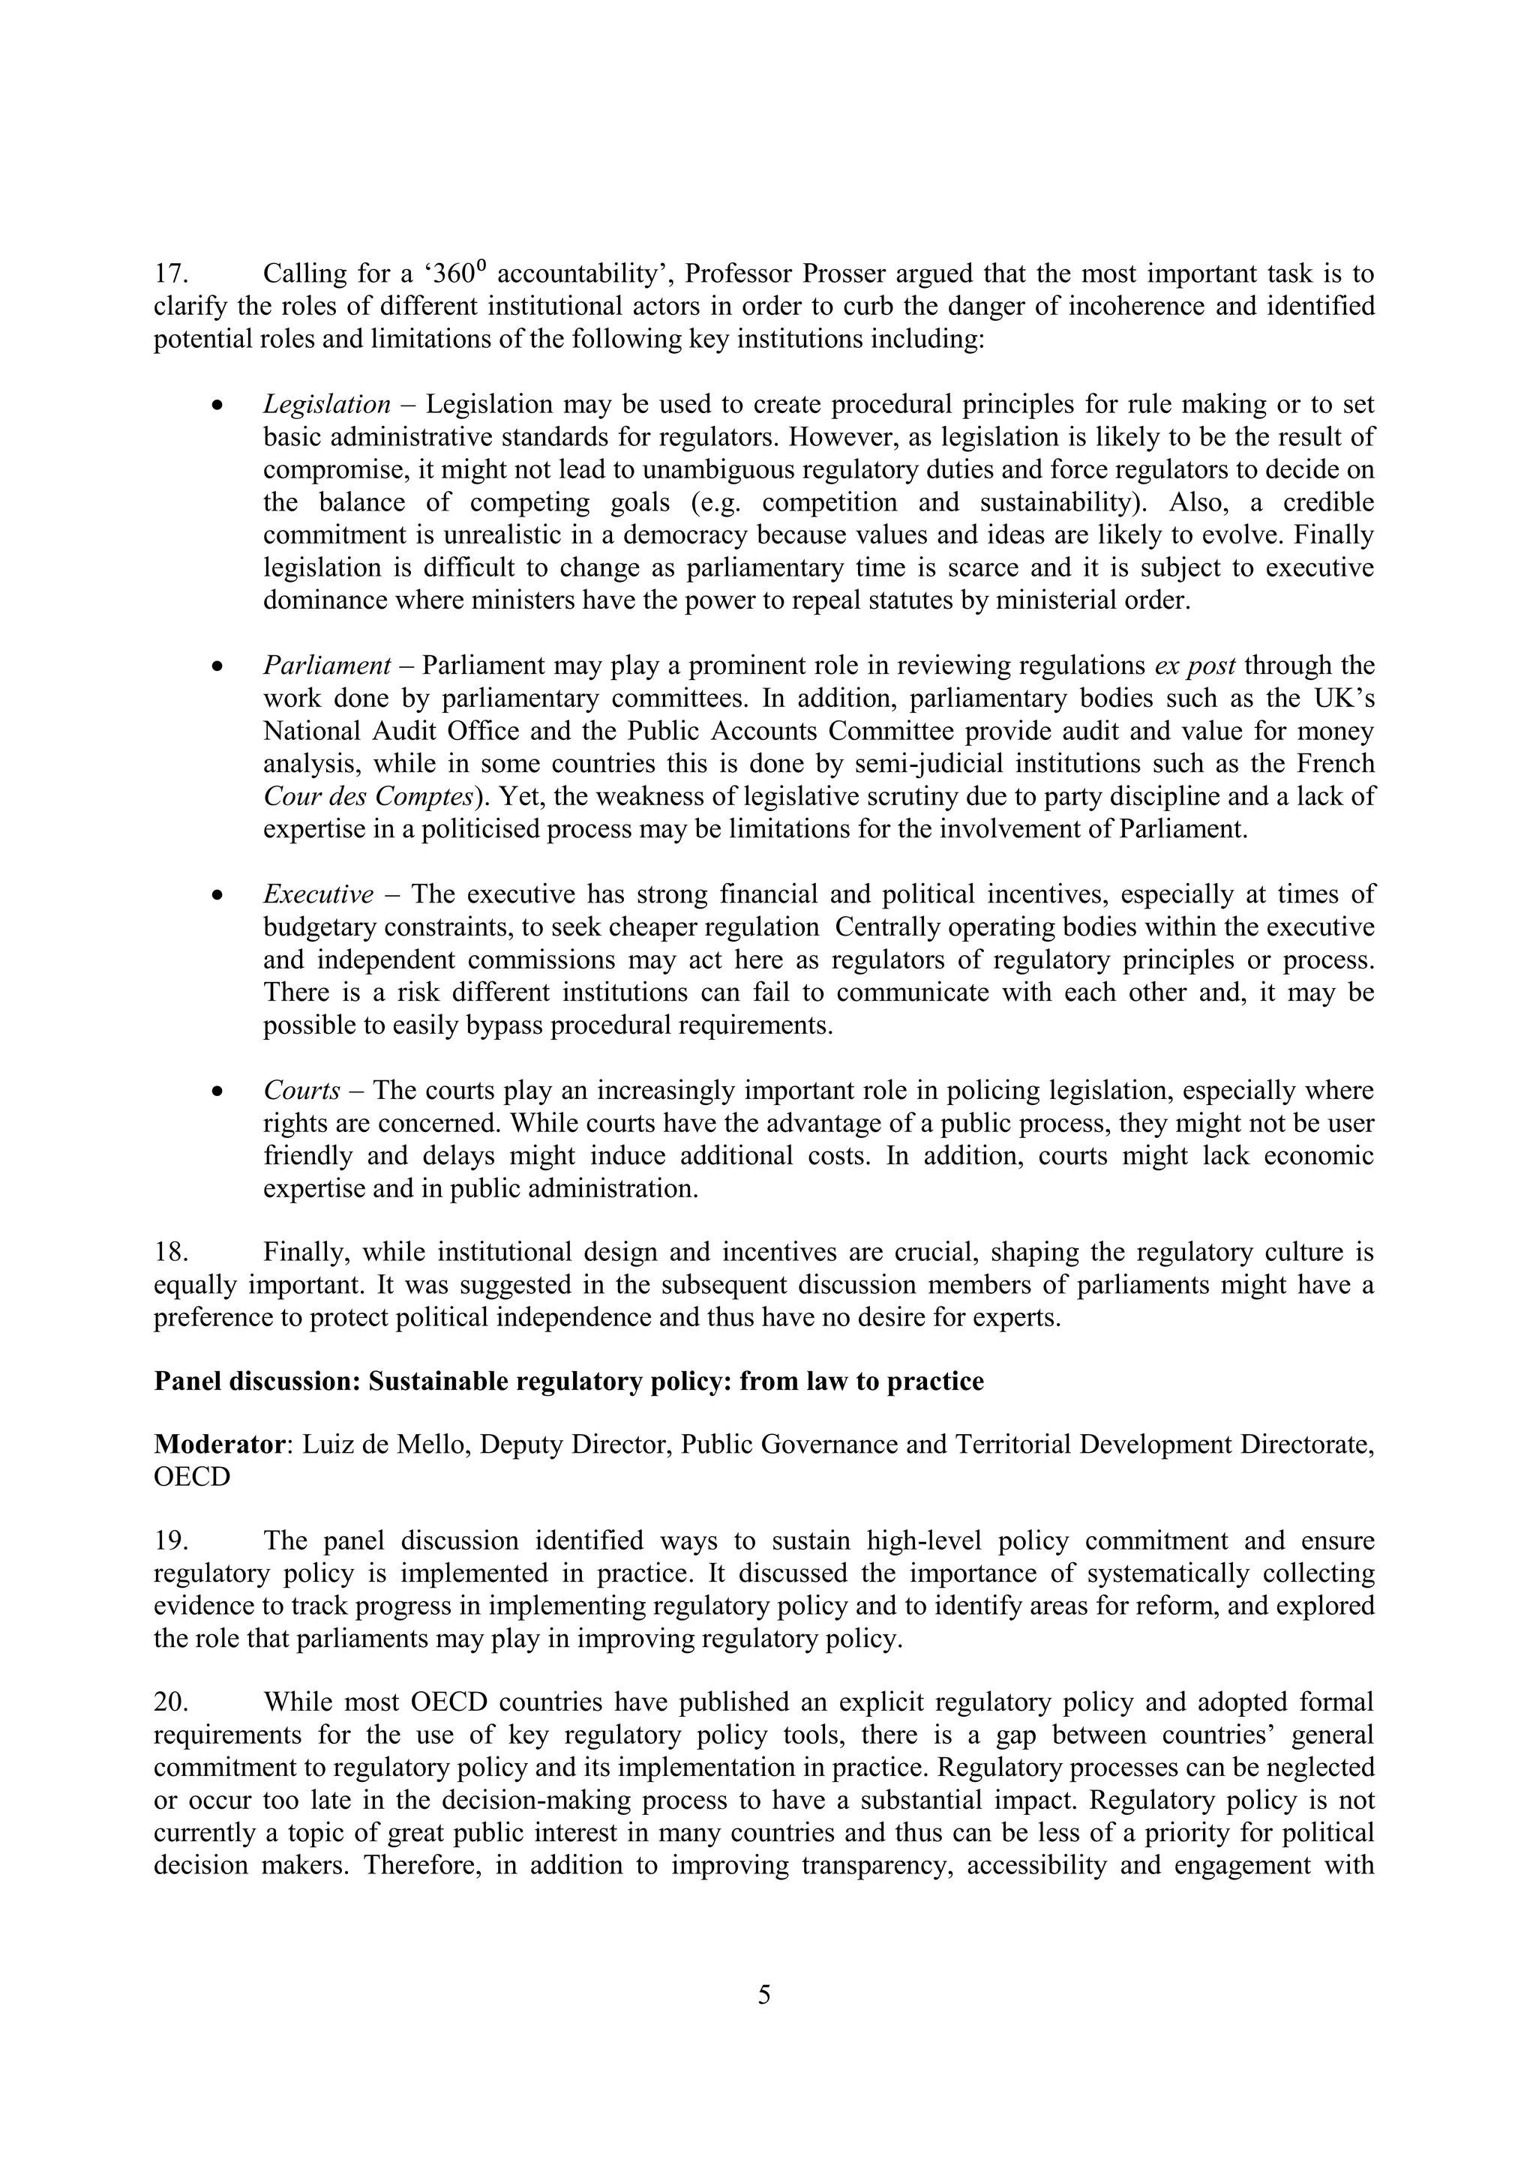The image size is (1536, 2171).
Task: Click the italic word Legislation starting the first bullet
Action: click(326, 405)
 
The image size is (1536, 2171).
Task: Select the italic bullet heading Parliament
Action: click(326, 666)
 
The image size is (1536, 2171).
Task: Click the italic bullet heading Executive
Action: click(318, 894)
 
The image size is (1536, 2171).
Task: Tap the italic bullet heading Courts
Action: click(301, 1091)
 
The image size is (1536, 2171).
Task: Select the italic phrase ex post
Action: click(1195, 666)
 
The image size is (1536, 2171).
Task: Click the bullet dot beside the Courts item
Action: click(218, 1092)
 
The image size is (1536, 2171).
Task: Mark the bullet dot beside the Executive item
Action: click(218, 895)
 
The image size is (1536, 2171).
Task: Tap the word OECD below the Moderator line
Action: click(192, 1477)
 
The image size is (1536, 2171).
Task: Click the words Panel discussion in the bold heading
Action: click(253, 1382)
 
